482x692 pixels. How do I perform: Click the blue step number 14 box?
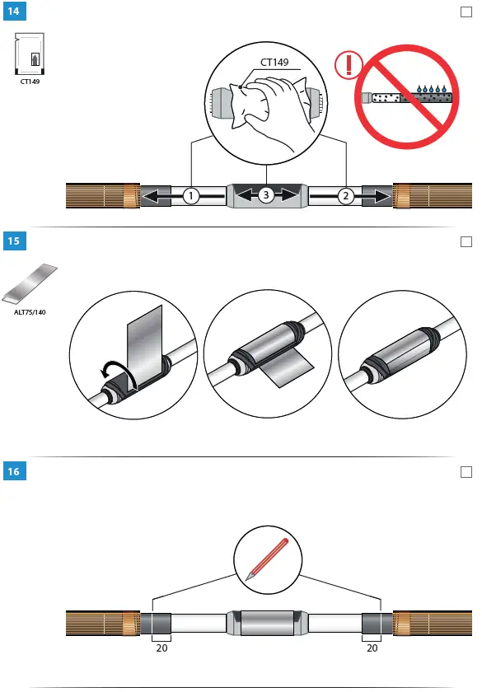pos(14,12)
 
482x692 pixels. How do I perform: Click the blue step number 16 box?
pos(14,471)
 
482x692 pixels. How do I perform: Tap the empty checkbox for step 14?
pos(466,12)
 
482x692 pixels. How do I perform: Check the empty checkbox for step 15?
pos(466,241)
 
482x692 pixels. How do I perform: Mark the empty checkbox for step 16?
pos(466,471)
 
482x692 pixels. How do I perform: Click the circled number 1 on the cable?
pos(190,196)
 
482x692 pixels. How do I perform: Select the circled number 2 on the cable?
pos(347,196)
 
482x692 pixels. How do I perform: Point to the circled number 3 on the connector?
pos(265,196)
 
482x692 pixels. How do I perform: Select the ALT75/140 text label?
pos(30,312)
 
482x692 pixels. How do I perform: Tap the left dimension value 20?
pos(161,648)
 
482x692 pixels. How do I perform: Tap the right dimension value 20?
pos(372,648)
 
